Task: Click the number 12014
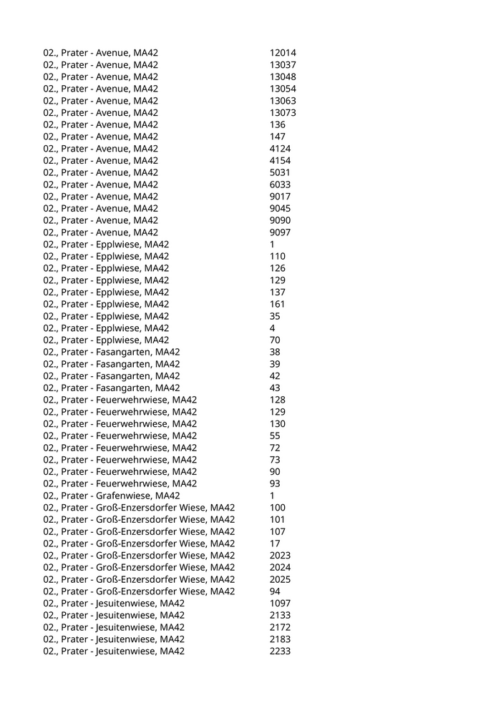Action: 283,53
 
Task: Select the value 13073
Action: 283,113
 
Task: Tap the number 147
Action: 278,137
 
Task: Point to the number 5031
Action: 281,172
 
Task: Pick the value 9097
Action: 281,232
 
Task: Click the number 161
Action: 278,304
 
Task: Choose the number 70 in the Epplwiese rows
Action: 275,340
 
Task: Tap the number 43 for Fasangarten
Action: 275,388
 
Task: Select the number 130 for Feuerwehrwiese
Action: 278,423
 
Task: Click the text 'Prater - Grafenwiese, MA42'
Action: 111,496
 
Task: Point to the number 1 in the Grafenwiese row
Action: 272,496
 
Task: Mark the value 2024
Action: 281,567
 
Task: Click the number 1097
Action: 281,603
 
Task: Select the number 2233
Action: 281,651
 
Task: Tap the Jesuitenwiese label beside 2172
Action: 113,627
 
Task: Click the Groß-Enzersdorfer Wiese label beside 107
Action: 139,531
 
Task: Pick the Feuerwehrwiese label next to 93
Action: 120,483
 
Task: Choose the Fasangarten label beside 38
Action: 111,352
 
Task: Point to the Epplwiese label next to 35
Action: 106,316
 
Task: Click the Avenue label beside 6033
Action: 100,185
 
